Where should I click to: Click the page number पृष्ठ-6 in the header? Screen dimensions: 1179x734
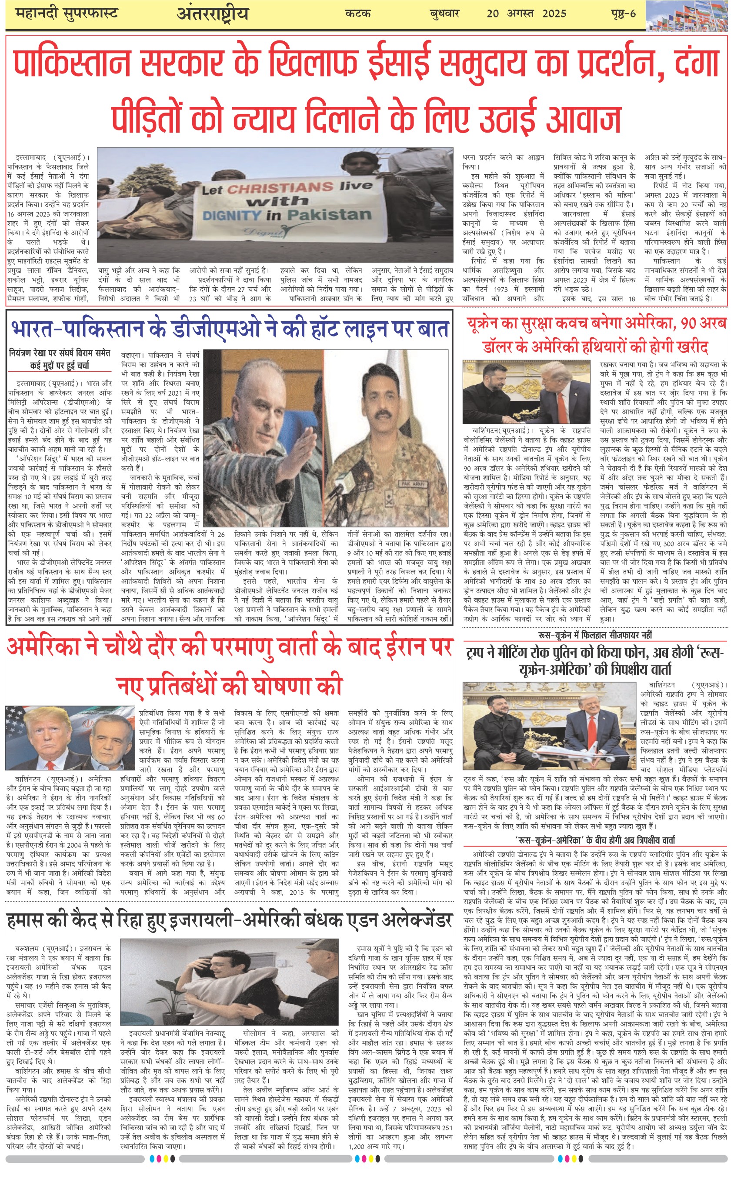pyautogui.click(x=623, y=13)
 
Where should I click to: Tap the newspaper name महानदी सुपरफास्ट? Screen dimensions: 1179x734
pyautogui.click(x=67, y=13)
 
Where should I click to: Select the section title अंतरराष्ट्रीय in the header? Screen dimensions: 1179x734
pyautogui.click(x=213, y=13)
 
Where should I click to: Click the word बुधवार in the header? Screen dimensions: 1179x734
pyautogui.click(x=444, y=13)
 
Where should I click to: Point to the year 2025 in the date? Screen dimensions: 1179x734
pyautogui.click(x=554, y=13)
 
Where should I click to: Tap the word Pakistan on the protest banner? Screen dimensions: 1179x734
pyautogui.click(x=329, y=214)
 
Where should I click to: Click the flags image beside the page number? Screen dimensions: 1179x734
pyautogui.click(x=689, y=17)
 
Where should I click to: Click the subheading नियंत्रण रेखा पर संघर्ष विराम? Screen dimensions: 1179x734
pyautogui.click(x=60, y=358)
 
